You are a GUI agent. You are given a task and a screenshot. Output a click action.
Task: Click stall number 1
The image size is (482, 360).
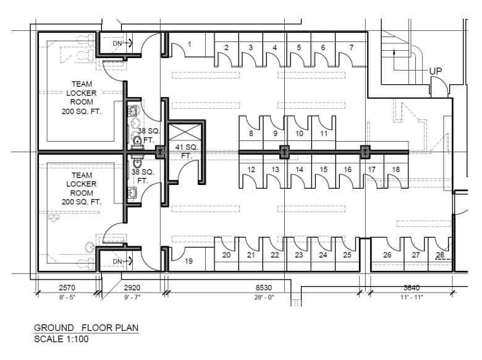coord(190,45)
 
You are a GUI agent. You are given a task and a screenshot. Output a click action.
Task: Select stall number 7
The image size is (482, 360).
coord(352,48)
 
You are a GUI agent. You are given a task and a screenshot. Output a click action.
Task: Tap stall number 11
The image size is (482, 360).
coord(324,134)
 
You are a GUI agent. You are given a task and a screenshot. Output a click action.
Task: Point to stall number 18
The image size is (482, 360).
coord(396,169)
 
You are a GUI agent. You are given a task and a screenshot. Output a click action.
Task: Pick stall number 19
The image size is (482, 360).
coord(188,261)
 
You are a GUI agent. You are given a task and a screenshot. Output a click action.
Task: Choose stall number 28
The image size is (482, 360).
coord(440,255)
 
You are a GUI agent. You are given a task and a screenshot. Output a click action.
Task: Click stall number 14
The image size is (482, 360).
coord(299,169)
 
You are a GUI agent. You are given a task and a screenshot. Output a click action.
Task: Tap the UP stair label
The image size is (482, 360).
coord(435,71)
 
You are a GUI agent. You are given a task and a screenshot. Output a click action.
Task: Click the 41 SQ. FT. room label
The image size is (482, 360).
coord(186,152)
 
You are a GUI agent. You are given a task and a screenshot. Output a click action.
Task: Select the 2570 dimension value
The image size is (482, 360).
coord(67,288)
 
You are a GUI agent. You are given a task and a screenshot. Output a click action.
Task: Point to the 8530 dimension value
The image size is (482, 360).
coord(264,288)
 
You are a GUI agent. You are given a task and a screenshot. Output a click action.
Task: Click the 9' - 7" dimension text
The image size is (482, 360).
coord(132,298)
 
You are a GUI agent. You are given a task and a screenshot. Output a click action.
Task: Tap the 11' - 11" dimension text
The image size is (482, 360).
coord(412,298)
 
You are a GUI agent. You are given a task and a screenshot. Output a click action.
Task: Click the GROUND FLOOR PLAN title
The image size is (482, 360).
coord(86,328)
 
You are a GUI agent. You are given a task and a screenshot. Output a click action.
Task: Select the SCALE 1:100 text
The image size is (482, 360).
coord(61,339)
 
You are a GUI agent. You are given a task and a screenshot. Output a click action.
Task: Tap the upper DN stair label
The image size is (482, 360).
coord(117,44)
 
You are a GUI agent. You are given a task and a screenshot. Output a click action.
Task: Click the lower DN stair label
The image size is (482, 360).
coord(117,262)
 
